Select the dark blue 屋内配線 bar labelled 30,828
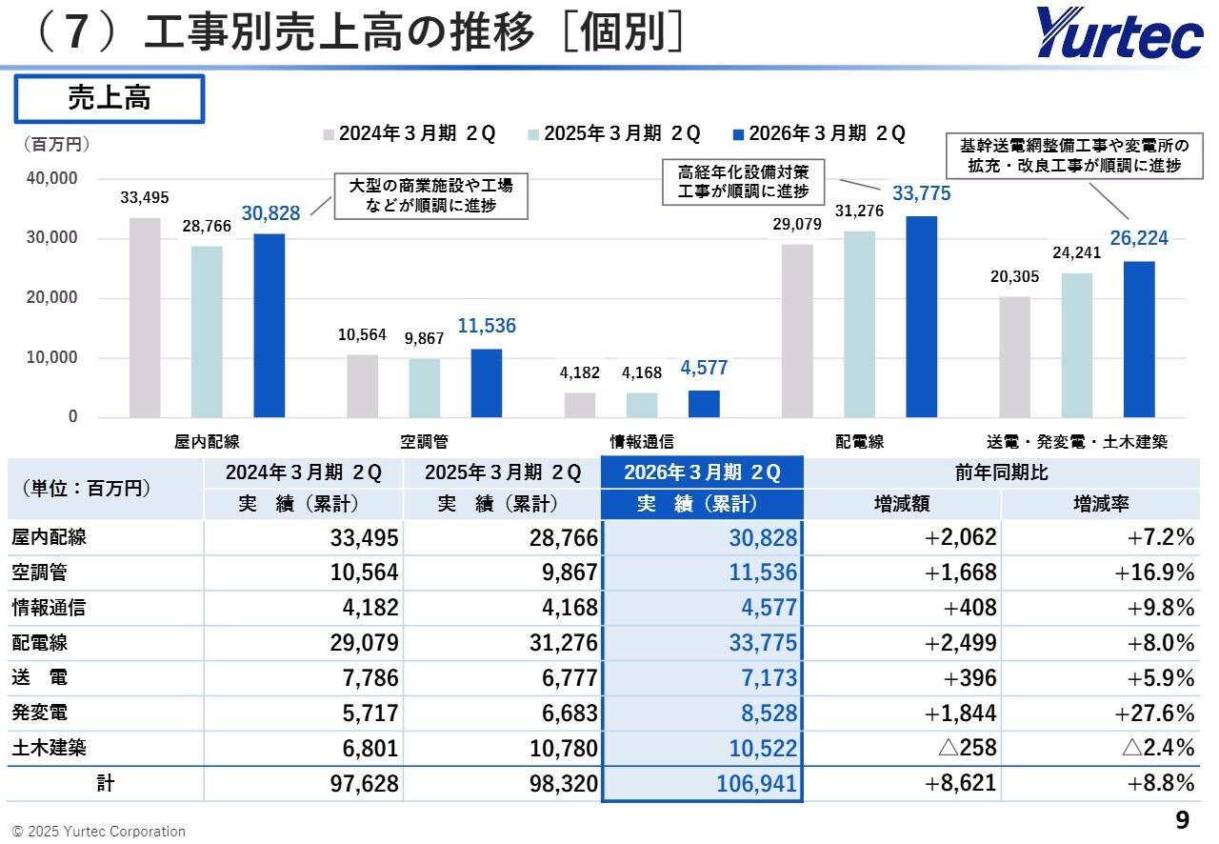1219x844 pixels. [269, 326]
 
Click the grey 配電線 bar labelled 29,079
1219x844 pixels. [797, 331]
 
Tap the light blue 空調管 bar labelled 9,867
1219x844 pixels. [425, 388]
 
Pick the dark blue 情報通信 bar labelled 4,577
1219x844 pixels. [704, 403]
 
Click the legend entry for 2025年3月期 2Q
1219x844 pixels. [621, 133]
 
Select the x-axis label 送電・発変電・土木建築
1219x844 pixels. [1076, 442]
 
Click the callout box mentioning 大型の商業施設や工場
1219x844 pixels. [431, 195]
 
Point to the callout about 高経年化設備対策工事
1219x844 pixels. [744, 181]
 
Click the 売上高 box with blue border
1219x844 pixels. [109, 98]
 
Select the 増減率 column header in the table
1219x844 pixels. [1100, 504]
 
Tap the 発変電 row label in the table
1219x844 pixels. [39, 713]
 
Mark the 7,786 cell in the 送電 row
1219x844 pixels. [365, 678]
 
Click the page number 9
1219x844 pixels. [1183, 820]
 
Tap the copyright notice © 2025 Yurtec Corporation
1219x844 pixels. [99, 832]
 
